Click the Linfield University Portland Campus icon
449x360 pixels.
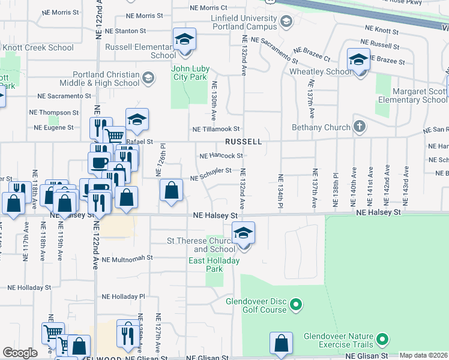click(x=286, y=23)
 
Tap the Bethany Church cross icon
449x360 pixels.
click(x=359, y=127)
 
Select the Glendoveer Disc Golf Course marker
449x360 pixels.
click(x=295, y=306)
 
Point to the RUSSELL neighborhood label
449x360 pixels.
click(x=243, y=142)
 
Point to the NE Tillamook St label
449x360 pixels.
click(x=216, y=129)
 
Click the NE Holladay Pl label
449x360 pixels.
click(x=124, y=296)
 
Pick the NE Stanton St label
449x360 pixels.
click(x=126, y=31)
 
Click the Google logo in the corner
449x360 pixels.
click(x=20, y=353)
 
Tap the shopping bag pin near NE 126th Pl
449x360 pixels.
click(x=172, y=192)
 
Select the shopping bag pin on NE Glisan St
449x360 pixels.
click(x=281, y=344)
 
